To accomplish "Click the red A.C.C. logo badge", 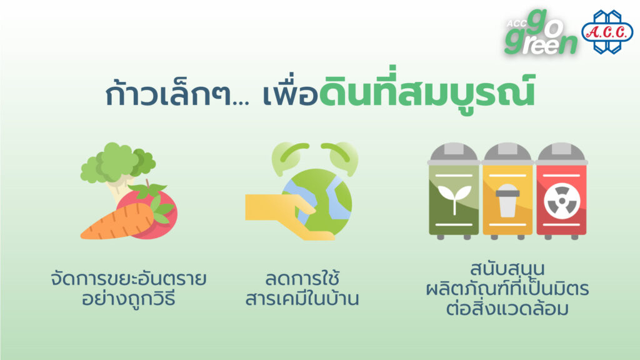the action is (607, 32).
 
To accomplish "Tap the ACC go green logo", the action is (541, 32).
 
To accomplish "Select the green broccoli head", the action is (117, 162).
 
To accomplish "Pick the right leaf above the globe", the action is (340, 157).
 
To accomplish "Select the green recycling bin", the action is (454, 191).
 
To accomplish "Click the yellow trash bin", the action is (507, 191).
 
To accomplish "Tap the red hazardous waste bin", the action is (562, 191).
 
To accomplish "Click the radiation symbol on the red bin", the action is (562, 201).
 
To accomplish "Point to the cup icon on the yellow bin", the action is (507, 200).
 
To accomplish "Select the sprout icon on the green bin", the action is (454, 199).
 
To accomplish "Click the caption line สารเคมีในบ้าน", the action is (302, 298).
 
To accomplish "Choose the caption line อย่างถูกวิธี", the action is (129, 298).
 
